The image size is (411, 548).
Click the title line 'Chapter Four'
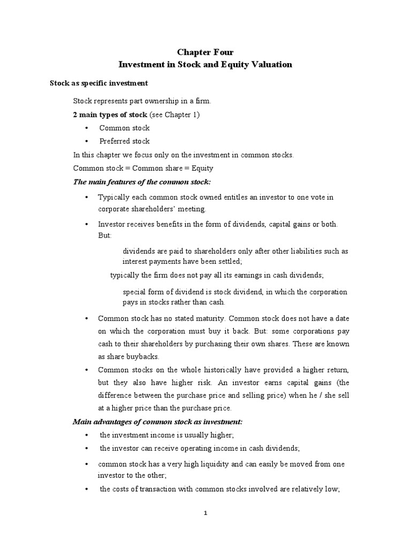pyautogui.click(x=205, y=52)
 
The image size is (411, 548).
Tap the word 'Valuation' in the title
pyautogui.click(x=271, y=64)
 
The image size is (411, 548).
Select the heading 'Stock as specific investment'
pyautogui.click(x=99, y=83)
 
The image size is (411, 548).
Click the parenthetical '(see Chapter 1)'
pyautogui.click(x=174, y=115)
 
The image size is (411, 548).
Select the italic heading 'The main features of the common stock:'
pyautogui.click(x=142, y=182)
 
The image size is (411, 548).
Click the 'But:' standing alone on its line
pyautogui.click(x=105, y=235)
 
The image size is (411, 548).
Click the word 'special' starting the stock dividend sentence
pyautogui.click(x=135, y=292)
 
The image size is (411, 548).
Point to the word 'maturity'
pyautogui.click(x=201, y=318)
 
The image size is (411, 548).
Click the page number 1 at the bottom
pyautogui.click(x=205, y=513)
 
